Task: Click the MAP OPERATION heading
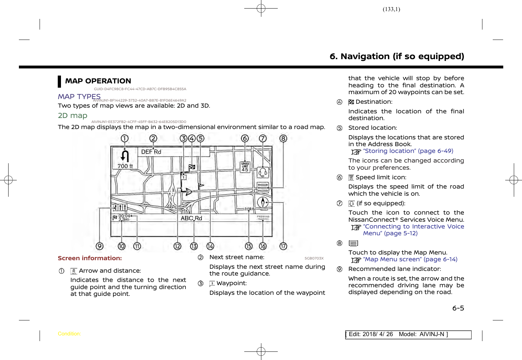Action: click(98, 81)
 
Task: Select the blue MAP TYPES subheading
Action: click(79, 97)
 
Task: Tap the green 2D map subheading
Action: click(72, 115)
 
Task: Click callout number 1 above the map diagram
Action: click(124, 138)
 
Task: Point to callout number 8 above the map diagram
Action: click(283, 138)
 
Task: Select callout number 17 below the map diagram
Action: click(283, 246)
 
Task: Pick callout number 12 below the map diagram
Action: click(177, 246)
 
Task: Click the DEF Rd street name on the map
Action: click(151, 152)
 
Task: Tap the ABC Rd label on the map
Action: click(191, 218)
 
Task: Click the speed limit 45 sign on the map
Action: click(245, 167)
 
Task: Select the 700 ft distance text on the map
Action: click(125, 166)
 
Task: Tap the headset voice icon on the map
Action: click(263, 173)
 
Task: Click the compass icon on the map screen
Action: click(263, 202)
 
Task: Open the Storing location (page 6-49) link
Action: click(408, 151)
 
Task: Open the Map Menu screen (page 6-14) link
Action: click(410, 259)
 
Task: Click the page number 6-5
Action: click(458, 308)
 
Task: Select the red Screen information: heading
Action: click(90, 258)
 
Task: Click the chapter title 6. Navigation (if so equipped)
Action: click(397, 56)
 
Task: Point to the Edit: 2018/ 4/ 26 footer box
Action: click(408, 334)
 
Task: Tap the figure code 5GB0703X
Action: click(314, 258)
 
